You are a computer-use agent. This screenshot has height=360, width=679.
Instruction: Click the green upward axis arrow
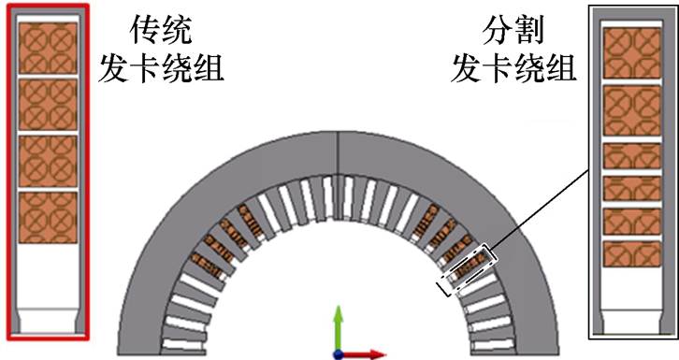pos(338,323)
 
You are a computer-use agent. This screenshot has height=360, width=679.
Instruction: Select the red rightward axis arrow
pos(369,354)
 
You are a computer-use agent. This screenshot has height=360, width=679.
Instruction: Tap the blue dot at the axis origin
pos(338,354)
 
